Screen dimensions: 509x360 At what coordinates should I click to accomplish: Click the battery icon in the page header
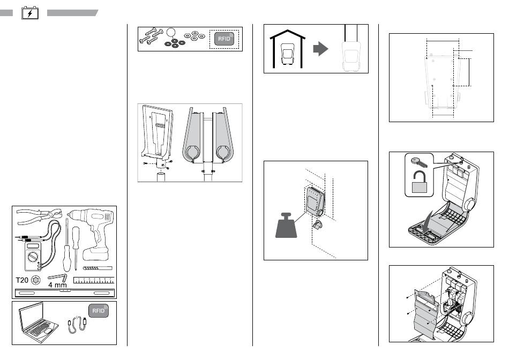(30, 13)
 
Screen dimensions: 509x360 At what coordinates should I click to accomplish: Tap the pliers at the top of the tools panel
(40, 216)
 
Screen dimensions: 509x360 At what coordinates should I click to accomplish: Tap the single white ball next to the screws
(171, 32)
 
